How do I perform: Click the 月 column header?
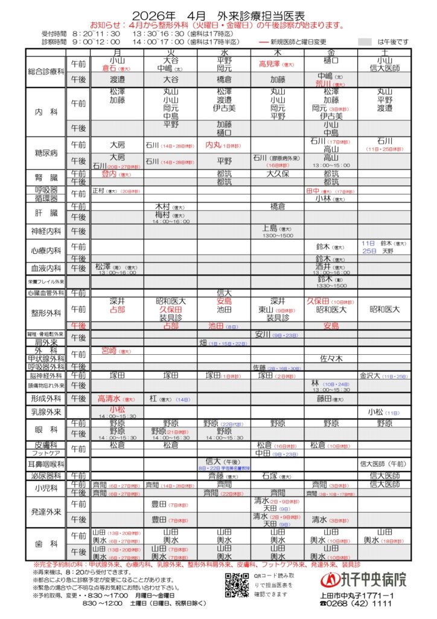[x=116, y=53]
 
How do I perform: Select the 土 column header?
[x=384, y=53]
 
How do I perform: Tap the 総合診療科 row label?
[x=46, y=71]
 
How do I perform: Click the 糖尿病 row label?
[x=46, y=153]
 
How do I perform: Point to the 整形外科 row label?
[x=46, y=313]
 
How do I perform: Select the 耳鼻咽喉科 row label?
[x=46, y=464]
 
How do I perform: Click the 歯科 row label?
[x=46, y=543]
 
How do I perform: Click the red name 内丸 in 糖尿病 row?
[x=214, y=145]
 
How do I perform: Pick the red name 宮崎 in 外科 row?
[x=109, y=350]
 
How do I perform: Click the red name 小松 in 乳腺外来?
[x=117, y=409]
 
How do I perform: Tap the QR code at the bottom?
[x=237, y=584]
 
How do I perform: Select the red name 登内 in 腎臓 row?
[x=109, y=173]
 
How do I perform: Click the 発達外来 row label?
[x=46, y=511]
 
